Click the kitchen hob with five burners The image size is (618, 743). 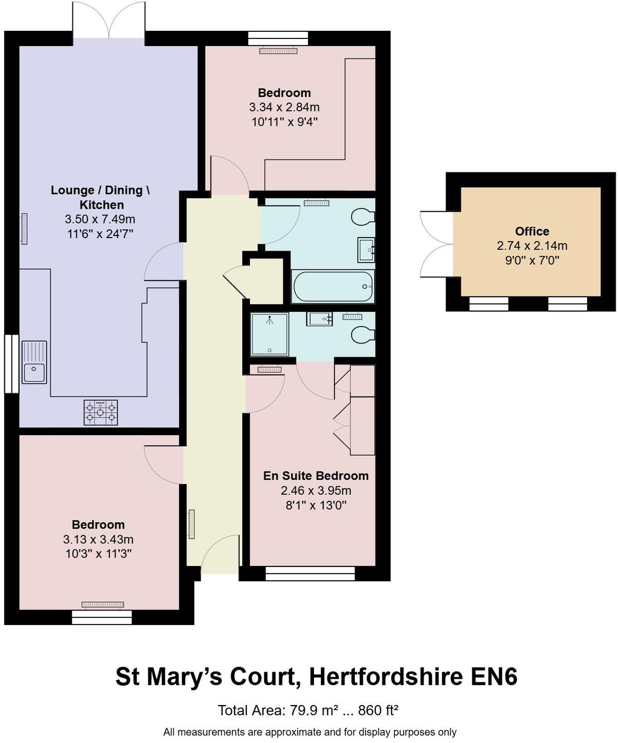point(101,413)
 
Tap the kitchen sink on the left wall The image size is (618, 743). point(34,362)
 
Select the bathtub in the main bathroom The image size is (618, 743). point(333,286)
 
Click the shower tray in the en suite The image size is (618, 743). point(269,335)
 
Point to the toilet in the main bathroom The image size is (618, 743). point(363,217)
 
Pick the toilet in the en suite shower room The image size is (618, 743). point(363,335)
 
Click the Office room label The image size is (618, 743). point(532,231)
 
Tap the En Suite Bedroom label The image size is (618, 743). point(316,476)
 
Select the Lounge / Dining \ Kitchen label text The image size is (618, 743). point(101,197)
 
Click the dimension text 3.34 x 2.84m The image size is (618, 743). point(284,107)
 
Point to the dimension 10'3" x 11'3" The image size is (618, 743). point(98,554)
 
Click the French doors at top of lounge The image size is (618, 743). point(109,21)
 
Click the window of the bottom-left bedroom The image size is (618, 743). point(102,617)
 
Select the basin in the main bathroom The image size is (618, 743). point(366,250)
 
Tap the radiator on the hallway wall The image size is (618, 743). point(191,524)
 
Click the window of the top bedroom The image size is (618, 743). point(278,38)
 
